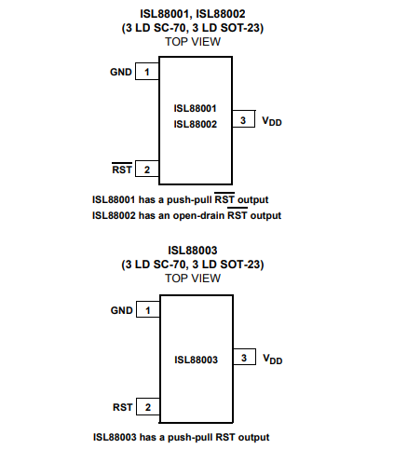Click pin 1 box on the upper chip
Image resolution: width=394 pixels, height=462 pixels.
click(147, 72)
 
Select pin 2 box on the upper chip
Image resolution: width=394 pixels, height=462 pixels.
click(147, 169)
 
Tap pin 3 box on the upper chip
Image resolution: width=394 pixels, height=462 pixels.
click(244, 119)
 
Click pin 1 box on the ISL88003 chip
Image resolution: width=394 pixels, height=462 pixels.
click(148, 309)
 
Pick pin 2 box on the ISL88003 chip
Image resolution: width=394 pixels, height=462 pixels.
click(148, 406)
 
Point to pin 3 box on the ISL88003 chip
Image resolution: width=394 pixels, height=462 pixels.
click(244, 357)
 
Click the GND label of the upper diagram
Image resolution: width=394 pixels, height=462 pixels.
click(121, 72)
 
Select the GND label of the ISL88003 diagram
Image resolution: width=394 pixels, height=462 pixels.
click(122, 310)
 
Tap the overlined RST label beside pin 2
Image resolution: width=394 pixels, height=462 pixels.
click(122, 169)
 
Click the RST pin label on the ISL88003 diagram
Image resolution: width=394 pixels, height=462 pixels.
click(123, 407)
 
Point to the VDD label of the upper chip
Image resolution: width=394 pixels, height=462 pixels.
click(272, 121)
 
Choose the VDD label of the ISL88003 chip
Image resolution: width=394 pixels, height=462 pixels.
click(273, 360)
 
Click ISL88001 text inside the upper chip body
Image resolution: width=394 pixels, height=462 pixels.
click(195, 108)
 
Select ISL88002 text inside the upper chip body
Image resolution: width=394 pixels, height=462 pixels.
click(195, 124)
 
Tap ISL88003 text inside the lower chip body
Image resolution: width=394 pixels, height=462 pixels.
click(196, 360)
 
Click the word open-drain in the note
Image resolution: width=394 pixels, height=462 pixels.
click(198, 215)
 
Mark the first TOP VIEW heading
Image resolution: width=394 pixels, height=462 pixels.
click(193, 42)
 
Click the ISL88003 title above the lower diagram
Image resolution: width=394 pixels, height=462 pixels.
click(193, 251)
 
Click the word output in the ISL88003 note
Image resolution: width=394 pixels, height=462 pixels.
click(253, 438)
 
